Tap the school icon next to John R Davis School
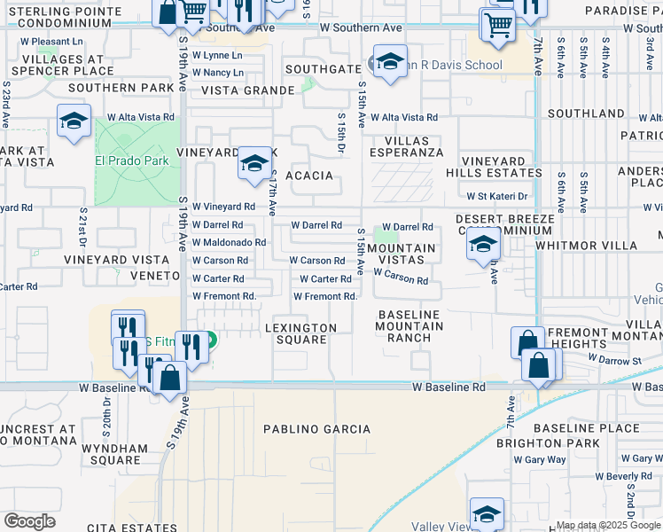tap(388, 62)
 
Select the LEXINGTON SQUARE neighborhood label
tap(301, 333)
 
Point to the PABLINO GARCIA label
tap(317, 429)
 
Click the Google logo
tap(29, 521)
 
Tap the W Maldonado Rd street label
tap(229, 242)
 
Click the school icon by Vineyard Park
tap(254, 163)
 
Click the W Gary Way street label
tap(545, 459)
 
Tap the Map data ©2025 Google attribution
tap(608, 525)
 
